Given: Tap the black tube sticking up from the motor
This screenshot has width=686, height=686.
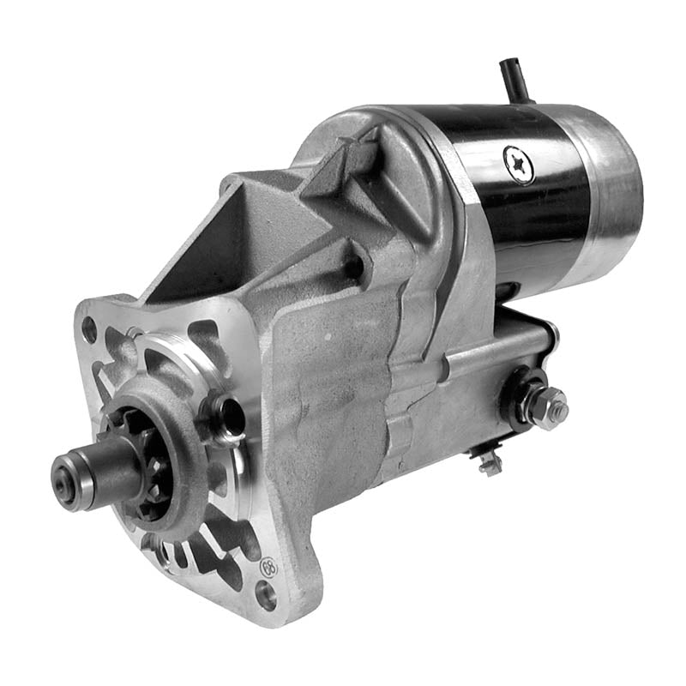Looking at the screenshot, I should pyautogui.click(x=513, y=79).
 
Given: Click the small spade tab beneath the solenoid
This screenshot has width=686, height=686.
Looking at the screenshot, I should pyautogui.click(x=490, y=464).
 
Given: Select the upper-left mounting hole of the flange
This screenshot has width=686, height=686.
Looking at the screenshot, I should pyautogui.click(x=89, y=328).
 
